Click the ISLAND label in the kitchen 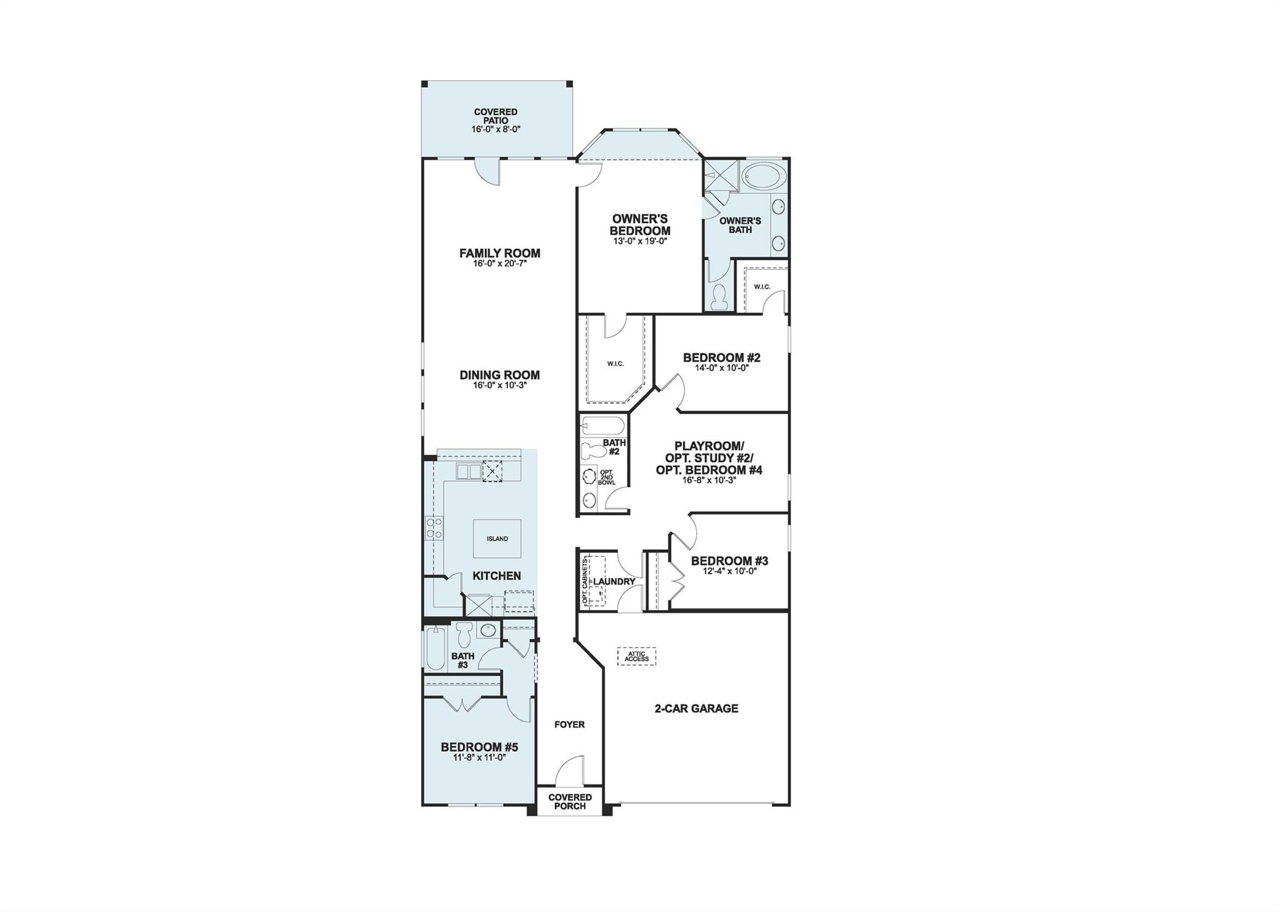(x=497, y=539)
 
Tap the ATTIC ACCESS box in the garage (x=637, y=656)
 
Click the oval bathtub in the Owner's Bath (x=762, y=176)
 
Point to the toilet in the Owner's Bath (x=720, y=297)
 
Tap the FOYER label (x=569, y=724)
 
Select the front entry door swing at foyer (x=569, y=771)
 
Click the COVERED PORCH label (x=570, y=801)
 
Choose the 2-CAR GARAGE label (x=696, y=708)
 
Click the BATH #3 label (x=463, y=661)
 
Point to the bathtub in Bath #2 (x=602, y=427)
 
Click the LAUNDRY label (x=614, y=582)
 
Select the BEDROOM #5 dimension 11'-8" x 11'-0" (x=479, y=757)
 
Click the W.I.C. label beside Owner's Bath (x=762, y=287)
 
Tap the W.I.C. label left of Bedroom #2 (x=615, y=363)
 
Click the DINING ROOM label (x=500, y=375)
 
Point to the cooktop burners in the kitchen (x=434, y=528)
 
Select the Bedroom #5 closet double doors (x=462, y=704)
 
